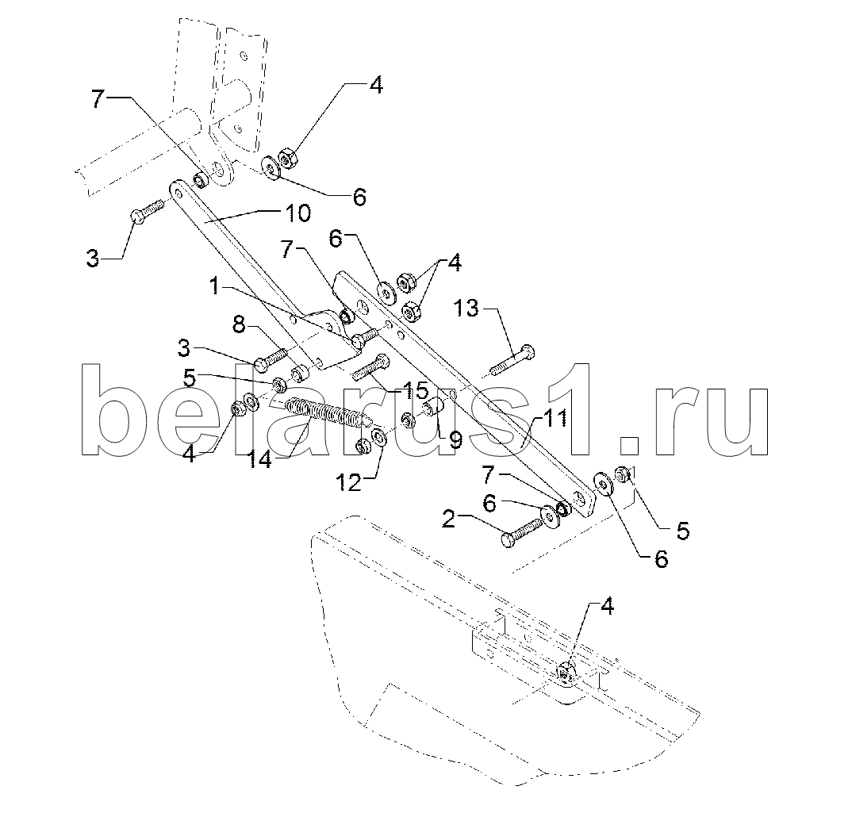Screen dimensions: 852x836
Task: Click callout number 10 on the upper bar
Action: point(298,213)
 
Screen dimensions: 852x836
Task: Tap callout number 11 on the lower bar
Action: point(555,420)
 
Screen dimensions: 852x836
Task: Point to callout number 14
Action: point(259,460)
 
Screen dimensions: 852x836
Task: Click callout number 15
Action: point(415,389)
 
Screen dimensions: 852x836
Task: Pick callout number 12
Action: point(349,481)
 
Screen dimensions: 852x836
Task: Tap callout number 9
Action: point(455,440)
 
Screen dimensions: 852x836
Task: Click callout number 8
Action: point(240,326)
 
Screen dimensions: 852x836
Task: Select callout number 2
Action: point(449,520)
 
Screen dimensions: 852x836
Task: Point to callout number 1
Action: point(216,286)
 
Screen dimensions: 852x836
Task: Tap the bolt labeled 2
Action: point(522,532)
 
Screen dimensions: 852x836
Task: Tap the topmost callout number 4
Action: point(376,86)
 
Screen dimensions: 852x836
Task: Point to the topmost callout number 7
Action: point(98,99)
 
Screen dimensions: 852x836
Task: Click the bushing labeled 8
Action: point(299,374)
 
